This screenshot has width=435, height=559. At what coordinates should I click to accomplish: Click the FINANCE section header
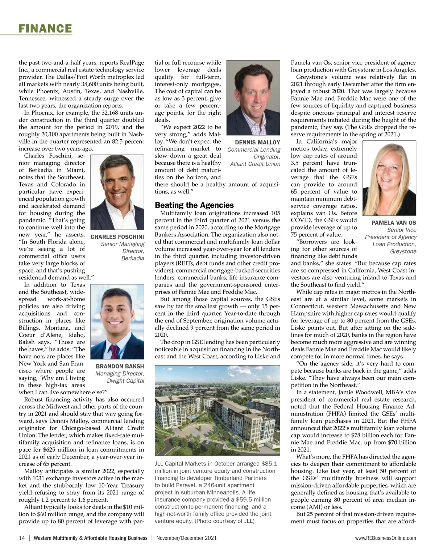click(x=45, y=28)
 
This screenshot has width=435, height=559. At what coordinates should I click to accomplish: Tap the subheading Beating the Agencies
click(x=194, y=205)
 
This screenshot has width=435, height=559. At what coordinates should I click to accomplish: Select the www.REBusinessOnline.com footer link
click(x=386, y=538)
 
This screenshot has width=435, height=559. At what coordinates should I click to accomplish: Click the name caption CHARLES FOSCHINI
click(x=117, y=237)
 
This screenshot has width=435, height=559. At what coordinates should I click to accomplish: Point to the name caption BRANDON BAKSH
click(x=120, y=366)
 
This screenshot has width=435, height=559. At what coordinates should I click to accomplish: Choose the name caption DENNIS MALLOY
click(x=257, y=143)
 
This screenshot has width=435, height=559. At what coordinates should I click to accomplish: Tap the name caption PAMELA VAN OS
click(x=394, y=223)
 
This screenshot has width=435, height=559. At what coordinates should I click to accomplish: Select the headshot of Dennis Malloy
click(x=253, y=98)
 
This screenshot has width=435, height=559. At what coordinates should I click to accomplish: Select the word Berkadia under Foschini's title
click(x=133, y=259)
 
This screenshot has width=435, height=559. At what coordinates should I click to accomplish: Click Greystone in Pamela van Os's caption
click(x=403, y=251)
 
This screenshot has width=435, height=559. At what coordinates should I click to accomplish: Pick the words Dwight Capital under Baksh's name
click(x=125, y=381)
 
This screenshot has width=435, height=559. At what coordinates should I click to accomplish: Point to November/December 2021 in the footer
click(x=186, y=538)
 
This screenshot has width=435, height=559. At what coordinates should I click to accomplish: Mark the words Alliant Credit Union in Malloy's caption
click(x=255, y=164)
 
